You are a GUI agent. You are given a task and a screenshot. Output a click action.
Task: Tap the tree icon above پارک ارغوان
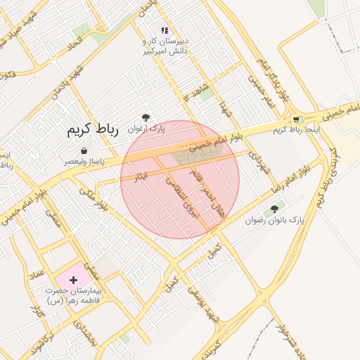(146, 117)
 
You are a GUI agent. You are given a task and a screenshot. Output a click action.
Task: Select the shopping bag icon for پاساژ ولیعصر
(84, 150)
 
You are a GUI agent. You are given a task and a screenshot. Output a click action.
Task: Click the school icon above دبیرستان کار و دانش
(165, 30)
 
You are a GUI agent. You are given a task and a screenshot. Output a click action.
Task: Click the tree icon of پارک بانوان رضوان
(274, 209)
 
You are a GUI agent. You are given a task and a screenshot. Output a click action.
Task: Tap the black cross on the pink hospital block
(73, 280)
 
